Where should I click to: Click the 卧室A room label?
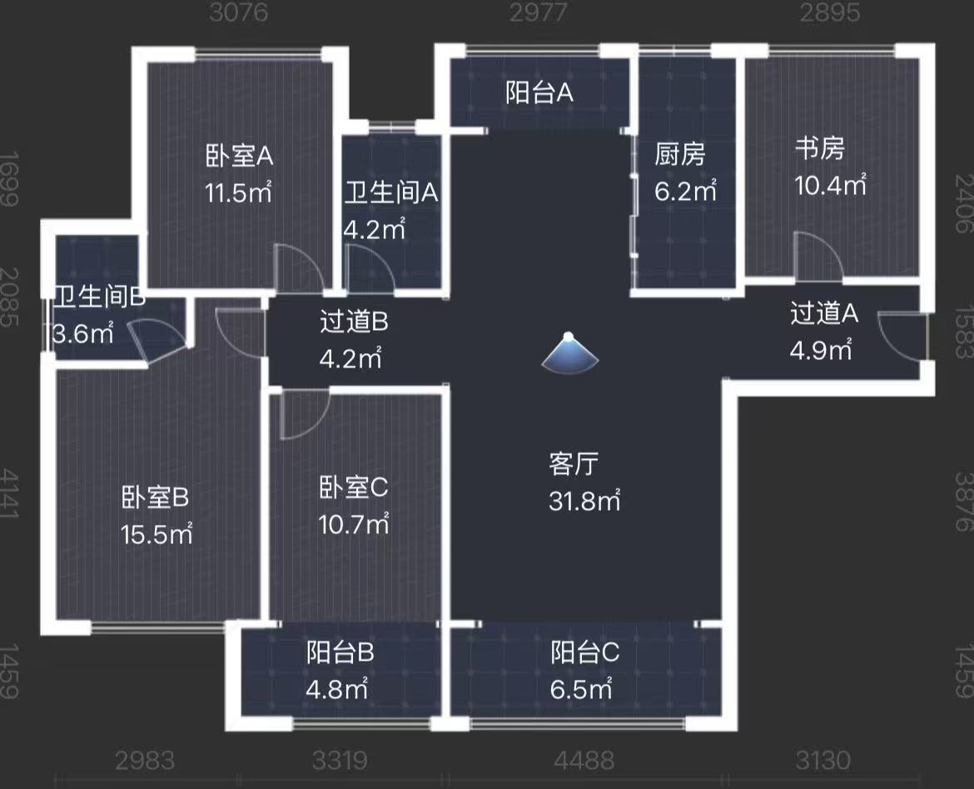tap(239, 156)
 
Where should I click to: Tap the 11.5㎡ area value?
tap(239, 193)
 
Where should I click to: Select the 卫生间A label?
tap(391, 193)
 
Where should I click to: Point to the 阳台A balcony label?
tap(539, 93)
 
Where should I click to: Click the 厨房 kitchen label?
tap(680, 155)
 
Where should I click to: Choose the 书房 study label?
tap(820, 149)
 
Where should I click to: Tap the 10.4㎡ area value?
tap(831, 185)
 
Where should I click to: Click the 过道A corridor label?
tap(824, 314)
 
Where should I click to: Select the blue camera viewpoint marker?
tap(569, 352)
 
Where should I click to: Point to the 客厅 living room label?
tap(574, 464)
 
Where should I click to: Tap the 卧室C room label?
tap(354, 488)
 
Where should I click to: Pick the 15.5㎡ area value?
tap(157, 534)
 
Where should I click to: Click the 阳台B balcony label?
tap(340, 652)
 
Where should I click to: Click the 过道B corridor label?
tap(354, 322)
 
